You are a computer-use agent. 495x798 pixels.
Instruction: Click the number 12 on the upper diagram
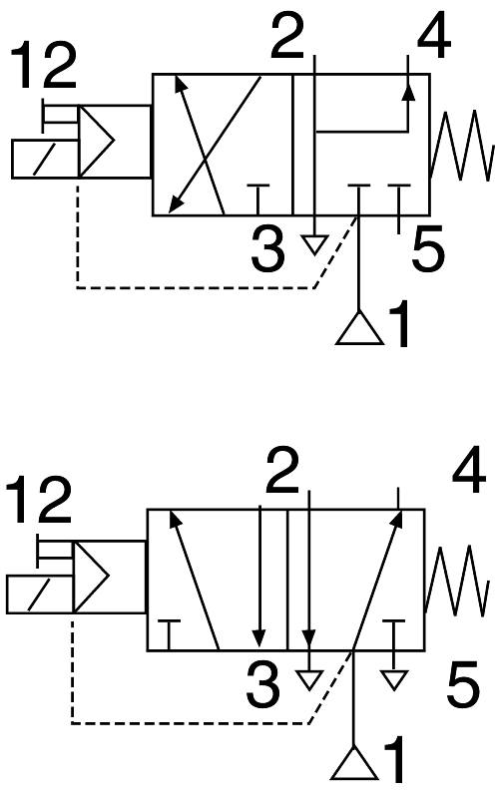pos(43,65)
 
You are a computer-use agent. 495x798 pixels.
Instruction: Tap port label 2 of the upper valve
pos(287,36)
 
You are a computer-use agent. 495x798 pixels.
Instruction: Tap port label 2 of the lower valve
pos(282,471)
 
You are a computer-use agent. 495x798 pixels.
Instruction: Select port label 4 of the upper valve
pos(434,36)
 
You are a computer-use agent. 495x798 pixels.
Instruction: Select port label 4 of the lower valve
pos(469,471)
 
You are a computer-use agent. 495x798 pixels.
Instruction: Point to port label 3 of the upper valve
pos(268,249)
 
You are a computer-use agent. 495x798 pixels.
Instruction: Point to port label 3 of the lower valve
pos(262,684)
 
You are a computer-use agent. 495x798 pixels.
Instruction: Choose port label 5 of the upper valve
pos(428,249)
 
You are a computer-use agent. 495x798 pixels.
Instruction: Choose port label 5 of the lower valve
pos(463,684)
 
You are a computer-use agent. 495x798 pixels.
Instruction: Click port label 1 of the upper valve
pos(400,323)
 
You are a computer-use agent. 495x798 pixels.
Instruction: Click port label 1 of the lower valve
pos(394,758)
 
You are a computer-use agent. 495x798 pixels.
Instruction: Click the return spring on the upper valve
pos(461,146)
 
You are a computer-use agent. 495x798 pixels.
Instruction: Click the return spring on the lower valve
pos(456,581)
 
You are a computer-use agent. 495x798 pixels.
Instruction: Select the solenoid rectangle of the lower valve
pos(40,594)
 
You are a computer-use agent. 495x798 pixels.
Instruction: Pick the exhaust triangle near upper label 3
pos(314,244)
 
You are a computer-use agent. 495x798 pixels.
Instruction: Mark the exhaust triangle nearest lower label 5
pos(394,680)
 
